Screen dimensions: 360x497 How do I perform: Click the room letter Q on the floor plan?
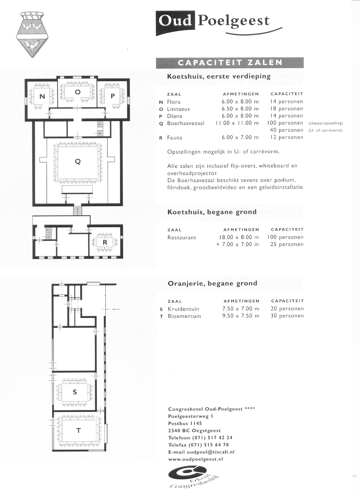pos(78,162)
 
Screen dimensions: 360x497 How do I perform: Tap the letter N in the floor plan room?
pos(42,96)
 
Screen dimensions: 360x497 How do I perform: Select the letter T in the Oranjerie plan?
pos(78,431)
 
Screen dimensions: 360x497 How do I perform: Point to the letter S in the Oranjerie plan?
pos(75,392)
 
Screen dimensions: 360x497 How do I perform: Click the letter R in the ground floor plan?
pos(105,242)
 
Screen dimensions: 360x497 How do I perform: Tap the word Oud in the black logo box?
pos(175,21)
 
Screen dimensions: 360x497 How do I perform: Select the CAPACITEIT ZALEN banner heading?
pos(230,62)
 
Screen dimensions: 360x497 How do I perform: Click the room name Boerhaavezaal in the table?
pos(186,123)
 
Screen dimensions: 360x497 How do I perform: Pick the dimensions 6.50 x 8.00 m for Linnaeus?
pos(240,109)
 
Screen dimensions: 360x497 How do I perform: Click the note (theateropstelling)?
pos(326,123)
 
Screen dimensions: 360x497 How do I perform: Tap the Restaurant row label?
pos(182,238)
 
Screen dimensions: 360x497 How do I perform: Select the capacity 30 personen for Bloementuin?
pos(287,316)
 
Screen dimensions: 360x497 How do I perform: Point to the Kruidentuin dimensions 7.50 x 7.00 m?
pos(241,309)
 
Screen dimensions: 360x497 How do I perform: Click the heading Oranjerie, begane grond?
pos(212,283)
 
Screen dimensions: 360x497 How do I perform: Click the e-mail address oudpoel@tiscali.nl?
pos(210,452)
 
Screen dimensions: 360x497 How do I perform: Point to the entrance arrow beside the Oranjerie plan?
pos(116,309)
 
